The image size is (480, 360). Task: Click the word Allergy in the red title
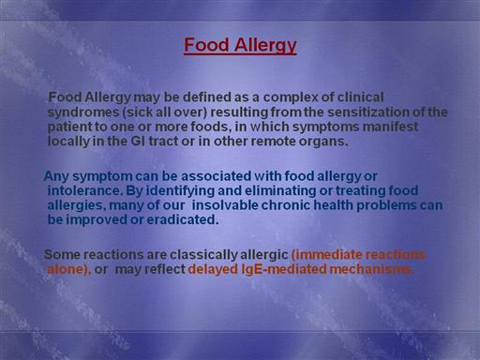pos(265,45)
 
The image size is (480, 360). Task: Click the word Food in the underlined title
pos(207,45)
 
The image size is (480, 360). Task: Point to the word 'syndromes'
pos(83,112)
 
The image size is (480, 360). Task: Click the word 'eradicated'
pos(183,219)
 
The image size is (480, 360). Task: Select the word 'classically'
pos(203,255)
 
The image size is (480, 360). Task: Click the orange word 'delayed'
pos(214,269)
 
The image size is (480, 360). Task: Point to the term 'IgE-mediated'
pos(284,269)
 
